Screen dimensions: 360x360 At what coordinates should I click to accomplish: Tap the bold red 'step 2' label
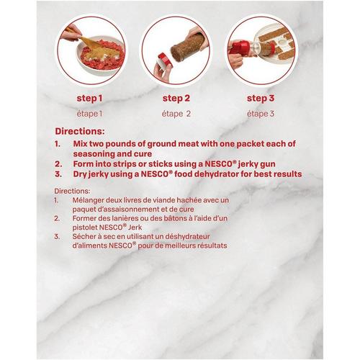pos(176,98)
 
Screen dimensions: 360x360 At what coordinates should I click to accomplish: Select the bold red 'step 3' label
pos(261,98)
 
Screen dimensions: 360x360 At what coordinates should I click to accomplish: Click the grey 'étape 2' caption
pos(176,113)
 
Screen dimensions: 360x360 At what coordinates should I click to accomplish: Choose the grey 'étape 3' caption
pos(261,113)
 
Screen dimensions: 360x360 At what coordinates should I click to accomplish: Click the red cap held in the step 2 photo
pos(162,57)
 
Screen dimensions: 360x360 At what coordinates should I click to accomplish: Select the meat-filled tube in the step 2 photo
pos(181,45)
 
